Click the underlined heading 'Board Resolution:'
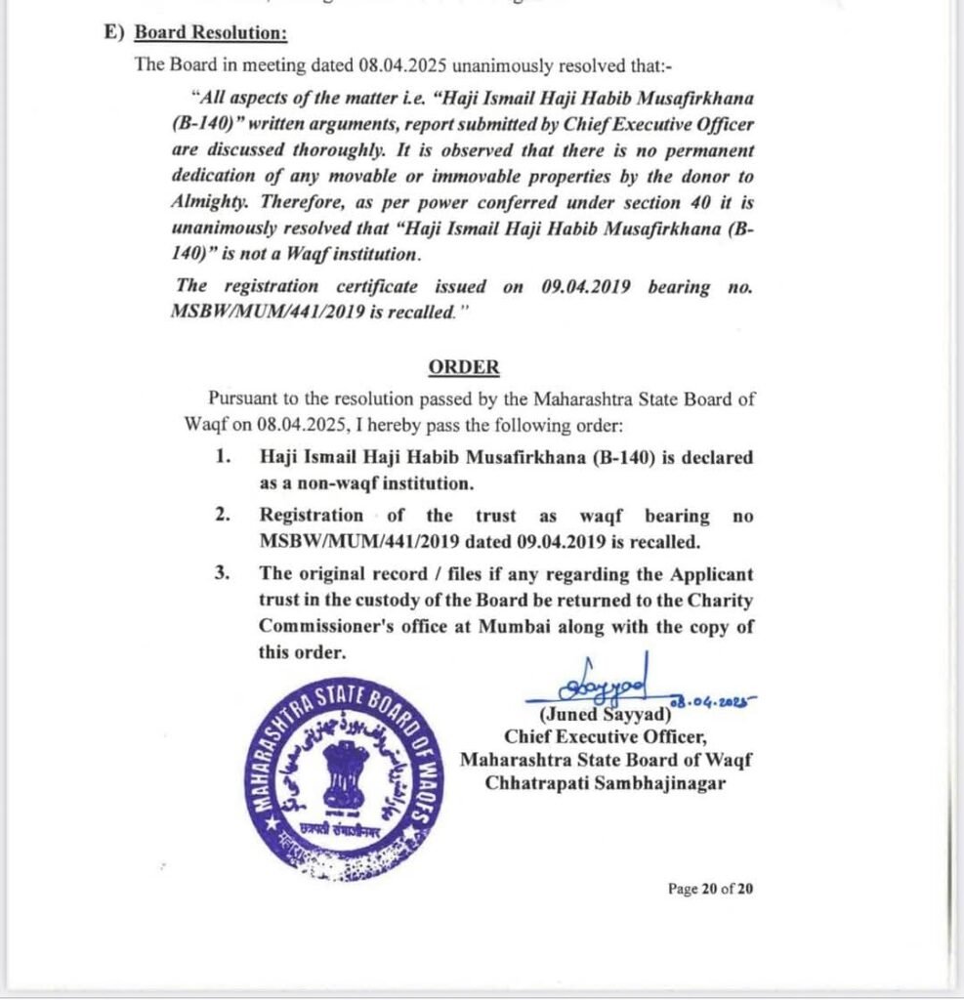[210, 32]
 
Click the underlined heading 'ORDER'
[464, 367]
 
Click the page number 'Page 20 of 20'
[710, 889]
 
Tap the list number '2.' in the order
[224, 516]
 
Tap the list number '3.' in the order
[224, 573]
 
